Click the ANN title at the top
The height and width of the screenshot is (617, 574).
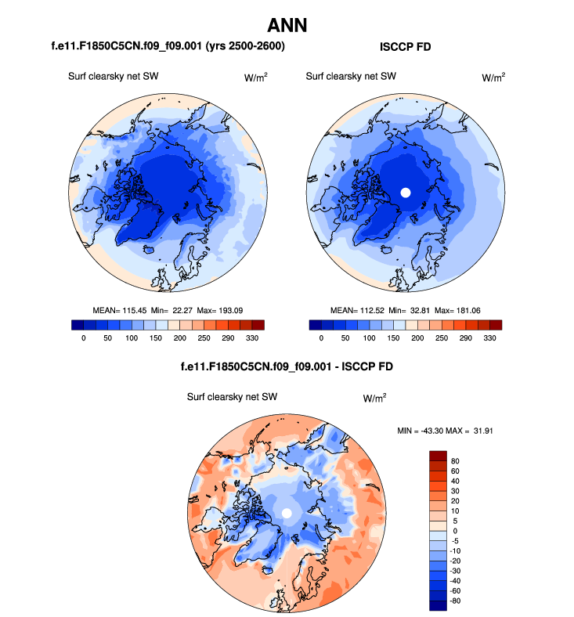click(287, 26)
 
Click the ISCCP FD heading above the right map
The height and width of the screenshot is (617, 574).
click(405, 47)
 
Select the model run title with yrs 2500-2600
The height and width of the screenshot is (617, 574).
click(168, 47)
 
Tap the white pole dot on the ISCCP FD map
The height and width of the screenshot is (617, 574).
click(406, 192)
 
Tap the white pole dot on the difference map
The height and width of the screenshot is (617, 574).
click(287, 512)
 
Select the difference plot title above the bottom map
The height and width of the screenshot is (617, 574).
click(287, 365)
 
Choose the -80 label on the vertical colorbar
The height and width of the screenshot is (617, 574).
click(456, 601)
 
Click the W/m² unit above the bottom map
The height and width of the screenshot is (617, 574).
click(374, 398)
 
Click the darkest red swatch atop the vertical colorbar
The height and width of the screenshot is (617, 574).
click(437, 455)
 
